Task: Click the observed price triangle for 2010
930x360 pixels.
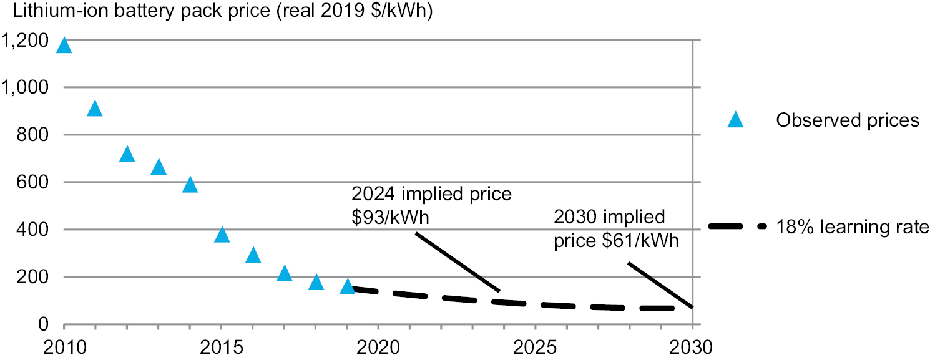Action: pyautogui.click(x=64, y=46)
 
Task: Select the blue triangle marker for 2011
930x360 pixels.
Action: pyautogui.click(x=95, y=109)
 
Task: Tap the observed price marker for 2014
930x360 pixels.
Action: pyautogui.click(x=190, y=185)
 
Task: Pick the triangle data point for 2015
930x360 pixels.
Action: pyautogui.click(x=222, y=235)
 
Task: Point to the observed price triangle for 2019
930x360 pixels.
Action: pyautogui.click(x=348, y=287)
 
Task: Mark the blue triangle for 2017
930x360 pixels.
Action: pyautogui.click(x=285, y=273)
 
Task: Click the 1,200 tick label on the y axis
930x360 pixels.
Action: pyautogui.click(x=26, y=41)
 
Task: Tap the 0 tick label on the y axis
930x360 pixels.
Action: pyautogui.click(x=43, y=324)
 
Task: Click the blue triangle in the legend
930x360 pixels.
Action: pyautogui.click(x=736, y=120)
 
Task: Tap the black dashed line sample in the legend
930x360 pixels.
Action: pyautogui.click(x=737, y=228)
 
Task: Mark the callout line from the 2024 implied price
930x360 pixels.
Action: pyautogui.click(x=458, y=262)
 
